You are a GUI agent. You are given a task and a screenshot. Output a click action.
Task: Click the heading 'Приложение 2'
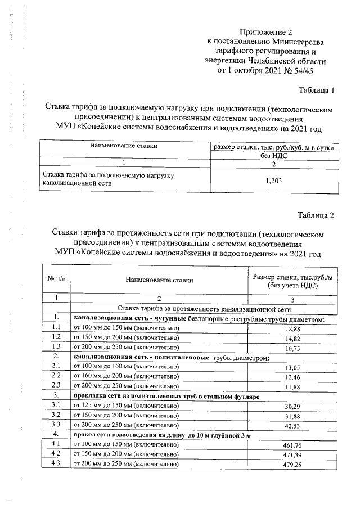click(x=265, y=31)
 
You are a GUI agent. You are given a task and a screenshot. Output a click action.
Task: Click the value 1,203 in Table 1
click(x=273, y=181)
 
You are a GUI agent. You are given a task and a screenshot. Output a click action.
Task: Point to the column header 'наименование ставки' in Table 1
click(x=124, y=146)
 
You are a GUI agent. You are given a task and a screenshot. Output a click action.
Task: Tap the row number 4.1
click(x=56, y=445)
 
